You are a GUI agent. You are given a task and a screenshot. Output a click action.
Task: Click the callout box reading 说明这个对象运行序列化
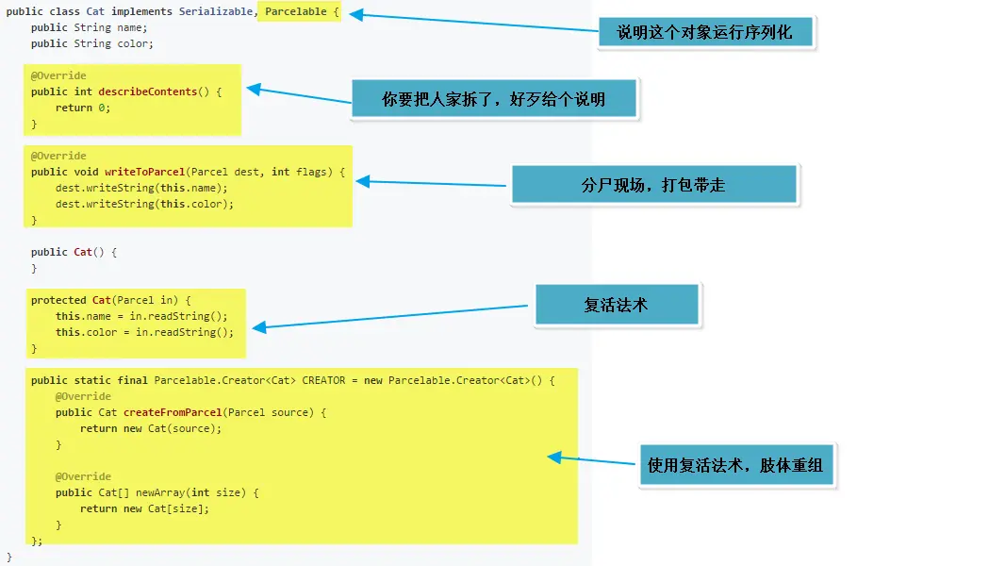tap(705, 33)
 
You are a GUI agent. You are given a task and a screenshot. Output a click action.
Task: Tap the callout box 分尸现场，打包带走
tap(653, 185)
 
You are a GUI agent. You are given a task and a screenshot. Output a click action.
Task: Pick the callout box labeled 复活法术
tap(616, 305)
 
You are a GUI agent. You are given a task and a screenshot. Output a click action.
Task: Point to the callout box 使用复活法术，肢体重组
tap(736, 465)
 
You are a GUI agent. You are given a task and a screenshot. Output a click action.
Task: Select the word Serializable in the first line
tap(216, 11)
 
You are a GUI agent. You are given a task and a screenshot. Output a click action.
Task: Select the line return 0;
tap(83, 108)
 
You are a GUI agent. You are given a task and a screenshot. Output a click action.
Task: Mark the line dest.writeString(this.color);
tap(144, 204)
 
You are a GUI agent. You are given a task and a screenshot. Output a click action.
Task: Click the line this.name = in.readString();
tap(141, 316)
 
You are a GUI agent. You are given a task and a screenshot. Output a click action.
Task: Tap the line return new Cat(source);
tap(151, 428)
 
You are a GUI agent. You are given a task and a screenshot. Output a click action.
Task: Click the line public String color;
tap(91, 43)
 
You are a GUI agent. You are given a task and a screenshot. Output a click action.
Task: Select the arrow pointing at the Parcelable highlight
tap(471, 23)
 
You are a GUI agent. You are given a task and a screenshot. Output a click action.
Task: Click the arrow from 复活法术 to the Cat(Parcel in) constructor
tap(390, 316)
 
